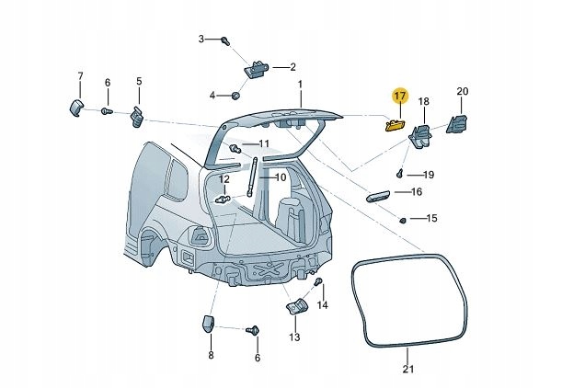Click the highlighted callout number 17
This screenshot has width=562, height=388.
(x=399, y=96)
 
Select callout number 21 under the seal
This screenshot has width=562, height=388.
(x=408, y=370)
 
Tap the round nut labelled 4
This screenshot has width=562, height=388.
(x=236, y=95)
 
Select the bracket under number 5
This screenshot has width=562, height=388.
(x=139, y=116)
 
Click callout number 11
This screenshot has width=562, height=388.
(x=264, y=144)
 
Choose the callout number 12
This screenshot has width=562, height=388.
(x=224, y=178)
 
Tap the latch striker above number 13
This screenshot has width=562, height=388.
(x=294, y=306)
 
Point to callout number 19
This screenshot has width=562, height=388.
(x=429, y=174)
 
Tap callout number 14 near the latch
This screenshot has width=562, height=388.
(x=322, y=304)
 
